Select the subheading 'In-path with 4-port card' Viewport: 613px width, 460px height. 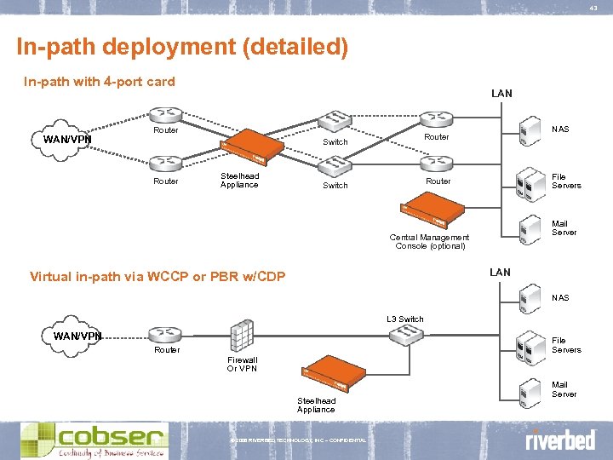[x=99, y=82]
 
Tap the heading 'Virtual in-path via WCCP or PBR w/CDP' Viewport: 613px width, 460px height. [x=158, y=276]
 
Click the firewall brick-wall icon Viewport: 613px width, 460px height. [x=241, y=336]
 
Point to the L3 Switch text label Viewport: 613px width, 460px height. [x=404, y=319]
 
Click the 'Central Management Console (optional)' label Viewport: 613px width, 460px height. [x=429, y=242]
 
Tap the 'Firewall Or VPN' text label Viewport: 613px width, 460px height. [x=242, y=364]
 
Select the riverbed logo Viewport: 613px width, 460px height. [x=559, y=441]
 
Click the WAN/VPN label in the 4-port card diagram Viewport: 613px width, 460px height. [x=67, y=139]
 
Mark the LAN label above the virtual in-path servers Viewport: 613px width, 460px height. [x=500, y=272]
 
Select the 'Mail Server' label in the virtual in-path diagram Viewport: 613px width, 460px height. [x=564, y=389]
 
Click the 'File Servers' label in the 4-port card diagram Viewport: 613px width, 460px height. [x=566, y=181]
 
